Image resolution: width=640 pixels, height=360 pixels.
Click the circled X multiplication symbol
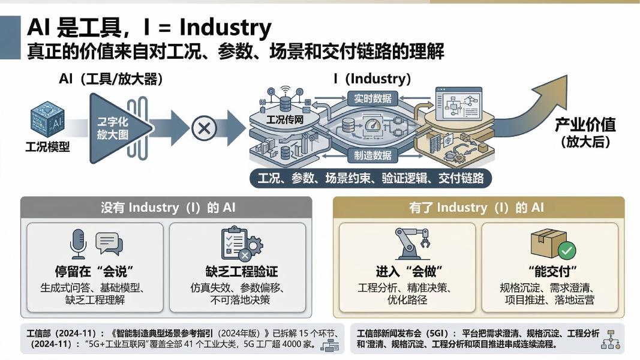(205, 128)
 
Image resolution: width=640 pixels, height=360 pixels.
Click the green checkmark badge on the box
(566, 250)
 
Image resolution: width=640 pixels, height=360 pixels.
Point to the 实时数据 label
(372, 98)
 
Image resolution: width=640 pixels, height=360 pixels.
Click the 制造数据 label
(372, 155)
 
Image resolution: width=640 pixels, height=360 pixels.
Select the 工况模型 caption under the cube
(47, 147)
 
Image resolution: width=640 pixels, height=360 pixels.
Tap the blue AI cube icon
(48, 121)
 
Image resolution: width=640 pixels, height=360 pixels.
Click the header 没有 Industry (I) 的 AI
(167, 208)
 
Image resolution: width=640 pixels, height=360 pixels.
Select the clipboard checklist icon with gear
(240, 243)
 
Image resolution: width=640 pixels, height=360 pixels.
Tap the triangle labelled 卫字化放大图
(114, 128)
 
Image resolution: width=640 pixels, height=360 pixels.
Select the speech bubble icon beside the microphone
(109, 242)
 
